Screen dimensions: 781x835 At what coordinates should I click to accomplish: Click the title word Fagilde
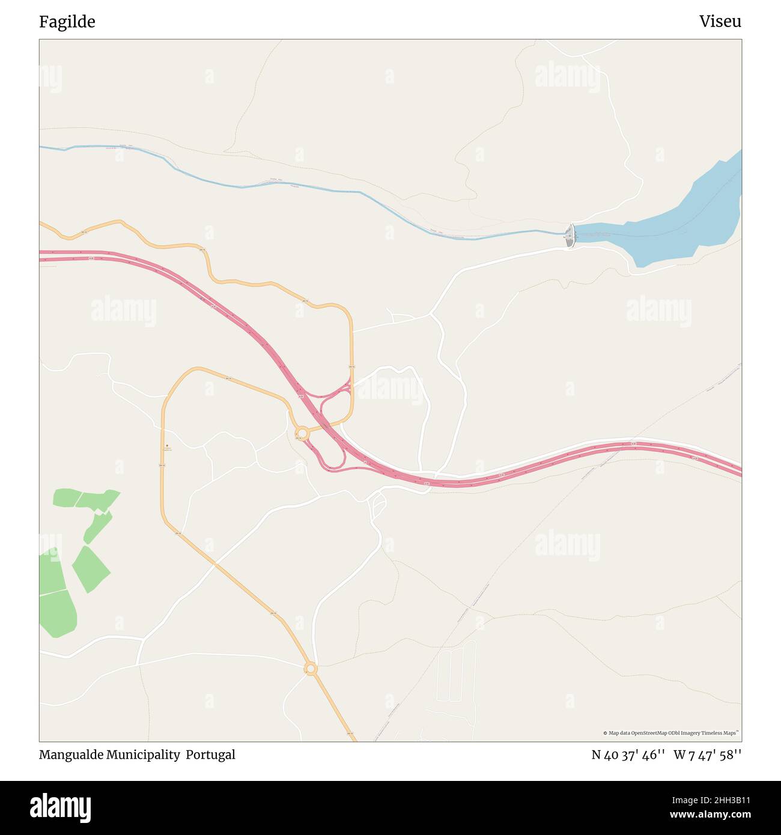tap(67, 22)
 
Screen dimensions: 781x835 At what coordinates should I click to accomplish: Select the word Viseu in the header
tap(720, 22)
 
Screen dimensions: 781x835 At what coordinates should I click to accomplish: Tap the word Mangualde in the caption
tap(71, 755)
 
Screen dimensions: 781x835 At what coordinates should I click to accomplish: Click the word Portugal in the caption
tap(210, 755)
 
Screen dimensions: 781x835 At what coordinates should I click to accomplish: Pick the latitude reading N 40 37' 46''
tap(628, 755)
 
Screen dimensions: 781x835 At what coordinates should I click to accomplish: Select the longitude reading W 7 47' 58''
tap(707, 755)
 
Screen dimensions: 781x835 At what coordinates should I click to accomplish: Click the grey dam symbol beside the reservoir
tap(570, 235)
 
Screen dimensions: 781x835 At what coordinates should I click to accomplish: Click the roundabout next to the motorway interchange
tap(302, 433)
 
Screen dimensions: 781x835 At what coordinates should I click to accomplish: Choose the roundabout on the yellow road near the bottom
tap(311, 668)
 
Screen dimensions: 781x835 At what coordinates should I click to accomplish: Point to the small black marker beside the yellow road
tap(167, 445)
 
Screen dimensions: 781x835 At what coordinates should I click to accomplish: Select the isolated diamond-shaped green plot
tap(91, 568)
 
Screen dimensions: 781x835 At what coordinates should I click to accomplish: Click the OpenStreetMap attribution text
tap(670, 733)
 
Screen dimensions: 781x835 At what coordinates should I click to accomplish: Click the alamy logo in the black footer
tap(60, 807)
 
